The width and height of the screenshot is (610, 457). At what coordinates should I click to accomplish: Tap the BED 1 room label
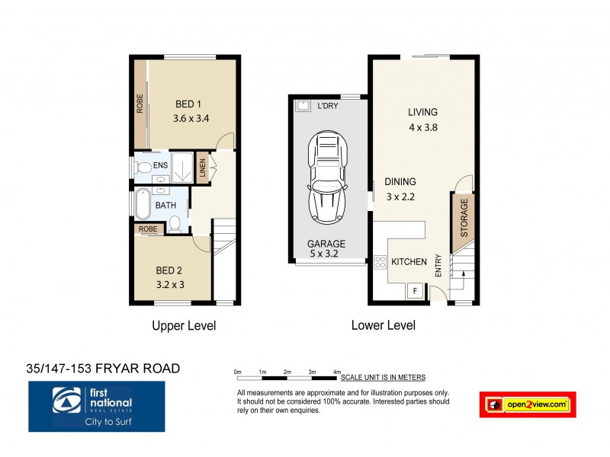click(188, 104)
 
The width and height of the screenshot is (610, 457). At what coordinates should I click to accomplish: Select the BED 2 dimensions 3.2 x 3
click(171, 284)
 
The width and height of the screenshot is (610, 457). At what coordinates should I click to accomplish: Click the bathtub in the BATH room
click(143, 205)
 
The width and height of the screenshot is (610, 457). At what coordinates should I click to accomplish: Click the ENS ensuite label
click(160, 165)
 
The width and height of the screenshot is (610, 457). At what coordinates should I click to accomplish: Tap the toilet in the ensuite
click(141, 165)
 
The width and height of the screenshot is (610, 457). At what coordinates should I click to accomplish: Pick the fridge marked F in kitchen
click(416, 290)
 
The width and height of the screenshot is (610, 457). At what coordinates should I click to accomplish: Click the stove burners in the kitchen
click(379, 264)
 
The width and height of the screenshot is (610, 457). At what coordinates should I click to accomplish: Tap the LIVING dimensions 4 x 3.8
click(422, 128)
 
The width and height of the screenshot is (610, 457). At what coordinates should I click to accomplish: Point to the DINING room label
click(400, 182)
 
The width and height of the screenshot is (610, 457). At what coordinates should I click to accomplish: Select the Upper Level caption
click(184, 325)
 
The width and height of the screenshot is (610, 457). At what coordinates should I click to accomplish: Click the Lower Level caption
click(383, 325)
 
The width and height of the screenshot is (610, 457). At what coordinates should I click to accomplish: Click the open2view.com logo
click(527, 404)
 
